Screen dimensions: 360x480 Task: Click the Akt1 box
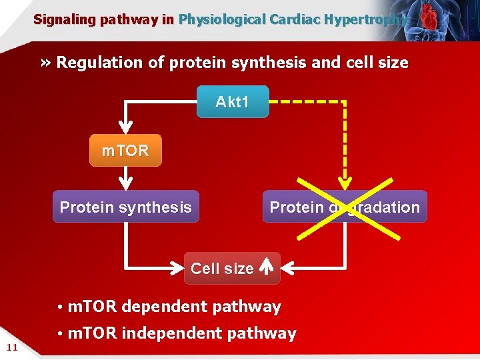232,102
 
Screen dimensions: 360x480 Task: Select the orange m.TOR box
125,151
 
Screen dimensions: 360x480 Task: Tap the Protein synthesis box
125,207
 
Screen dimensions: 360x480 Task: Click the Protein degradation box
345,207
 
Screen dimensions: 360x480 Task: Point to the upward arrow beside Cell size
265,268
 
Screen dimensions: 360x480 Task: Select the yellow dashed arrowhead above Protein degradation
345,184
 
